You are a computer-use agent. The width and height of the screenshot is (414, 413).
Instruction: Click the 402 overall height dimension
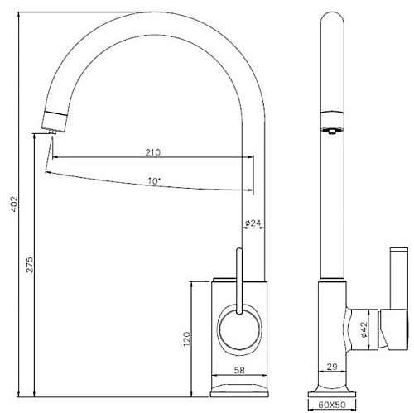point(14,204)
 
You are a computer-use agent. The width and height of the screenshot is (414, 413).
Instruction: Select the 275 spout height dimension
point(30,265)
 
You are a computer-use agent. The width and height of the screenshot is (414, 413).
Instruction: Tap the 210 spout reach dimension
point(153,152)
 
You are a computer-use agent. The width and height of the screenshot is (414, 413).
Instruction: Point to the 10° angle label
point(154,181)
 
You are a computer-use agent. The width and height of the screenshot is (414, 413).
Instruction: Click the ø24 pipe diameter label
point(253,223)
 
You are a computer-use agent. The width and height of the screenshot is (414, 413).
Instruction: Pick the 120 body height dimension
point(187,339)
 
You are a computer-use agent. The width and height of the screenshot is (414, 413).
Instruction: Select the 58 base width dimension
point(239,370)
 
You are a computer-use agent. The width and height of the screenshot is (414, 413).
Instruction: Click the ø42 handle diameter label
point(363,329)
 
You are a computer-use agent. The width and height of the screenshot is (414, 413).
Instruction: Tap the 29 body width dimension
point(332,367)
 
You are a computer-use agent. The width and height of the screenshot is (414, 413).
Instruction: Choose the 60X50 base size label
point(332,405)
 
